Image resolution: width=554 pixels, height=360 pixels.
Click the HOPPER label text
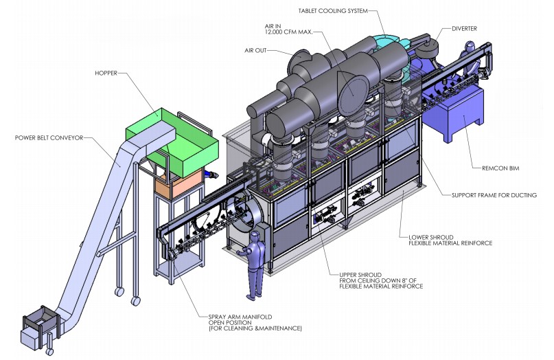[106, 74]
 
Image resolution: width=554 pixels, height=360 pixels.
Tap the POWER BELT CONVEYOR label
[49, 138]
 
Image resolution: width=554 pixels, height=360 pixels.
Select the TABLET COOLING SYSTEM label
[333, 11]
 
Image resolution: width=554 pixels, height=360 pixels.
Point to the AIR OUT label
[255, 51]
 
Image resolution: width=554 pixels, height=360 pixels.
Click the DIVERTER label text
[464, 29]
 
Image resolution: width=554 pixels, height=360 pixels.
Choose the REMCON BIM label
[500, 168]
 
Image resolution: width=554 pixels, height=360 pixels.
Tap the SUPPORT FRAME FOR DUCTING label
[494, 195]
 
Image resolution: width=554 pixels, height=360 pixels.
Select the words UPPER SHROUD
[360, 275]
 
